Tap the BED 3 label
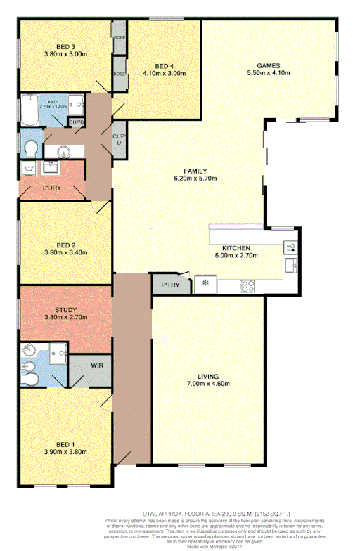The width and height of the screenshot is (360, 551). click(65, 46)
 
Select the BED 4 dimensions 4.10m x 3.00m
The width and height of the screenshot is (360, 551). click(164, 73)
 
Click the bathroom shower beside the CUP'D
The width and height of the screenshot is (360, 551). click(76, 103)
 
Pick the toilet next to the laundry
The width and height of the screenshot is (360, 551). click(30, 149)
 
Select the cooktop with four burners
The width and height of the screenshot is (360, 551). click(247, 286)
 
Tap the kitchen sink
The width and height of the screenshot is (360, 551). click(290, 265)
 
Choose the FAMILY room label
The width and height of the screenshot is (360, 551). click(195, 171)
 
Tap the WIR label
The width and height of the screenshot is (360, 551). click(97, 365)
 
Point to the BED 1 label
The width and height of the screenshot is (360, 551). click(65, 444)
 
